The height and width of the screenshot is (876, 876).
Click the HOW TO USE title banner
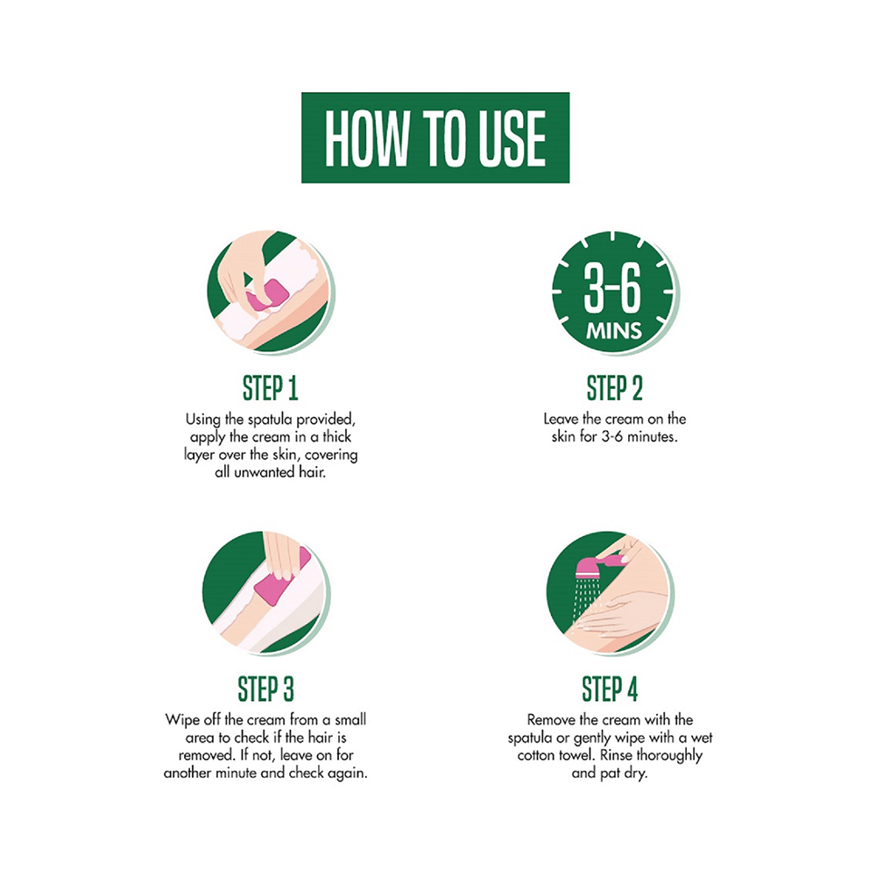tap(435, 138)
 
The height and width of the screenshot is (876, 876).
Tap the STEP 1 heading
tap(270, 388)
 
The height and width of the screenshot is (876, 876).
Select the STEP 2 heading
tap(614, 388)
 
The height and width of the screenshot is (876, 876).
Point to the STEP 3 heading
tap(265, 689)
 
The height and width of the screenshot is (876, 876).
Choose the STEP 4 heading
tap(611, 689)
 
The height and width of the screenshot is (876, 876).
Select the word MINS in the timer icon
tap(614, 332)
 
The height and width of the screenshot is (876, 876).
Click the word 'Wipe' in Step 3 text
tap(181, 720)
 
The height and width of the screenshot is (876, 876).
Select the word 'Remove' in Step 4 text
tap(550, 720)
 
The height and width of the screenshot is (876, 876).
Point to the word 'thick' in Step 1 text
tap(337, 436)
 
